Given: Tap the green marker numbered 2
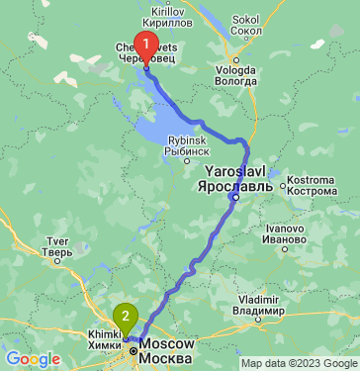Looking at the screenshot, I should pos(125,317).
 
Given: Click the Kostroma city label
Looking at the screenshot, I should pos(309,180).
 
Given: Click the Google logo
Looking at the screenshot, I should pos(33,358).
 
